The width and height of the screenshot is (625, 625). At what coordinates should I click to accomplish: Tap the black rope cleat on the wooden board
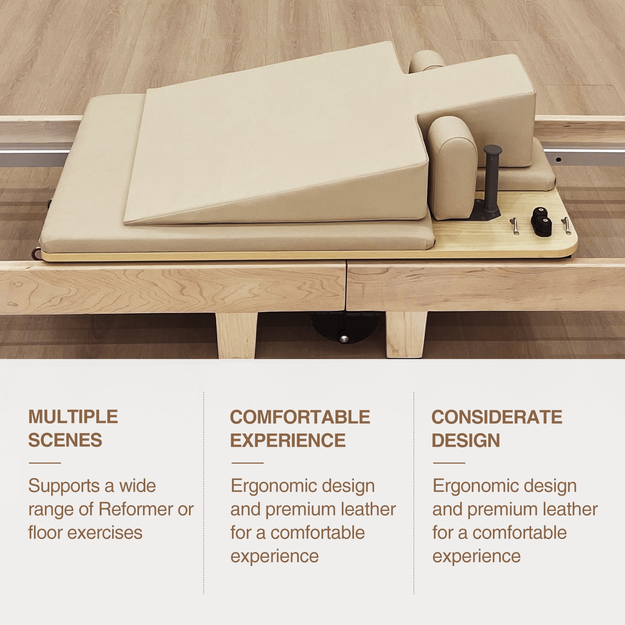click(541, 221)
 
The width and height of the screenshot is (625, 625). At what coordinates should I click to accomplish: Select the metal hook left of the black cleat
click(515, 226)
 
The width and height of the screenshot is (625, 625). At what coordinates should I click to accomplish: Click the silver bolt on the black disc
click(344, 338)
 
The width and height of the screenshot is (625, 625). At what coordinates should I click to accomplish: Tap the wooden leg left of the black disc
click(236, 335)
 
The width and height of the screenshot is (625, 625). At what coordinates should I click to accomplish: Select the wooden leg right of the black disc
click(406, 335)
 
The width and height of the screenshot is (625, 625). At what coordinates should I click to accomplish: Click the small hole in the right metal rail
click(559, 159)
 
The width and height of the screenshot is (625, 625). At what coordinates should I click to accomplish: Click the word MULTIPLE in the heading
click(73, 417)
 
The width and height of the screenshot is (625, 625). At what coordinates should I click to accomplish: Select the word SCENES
click(65, 440)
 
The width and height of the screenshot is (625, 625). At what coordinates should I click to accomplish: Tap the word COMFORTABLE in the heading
click(300, 417)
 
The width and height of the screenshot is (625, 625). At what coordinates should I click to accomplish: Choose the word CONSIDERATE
click(497, 417)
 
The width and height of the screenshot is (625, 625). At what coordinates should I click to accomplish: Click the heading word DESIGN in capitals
click(466, 440)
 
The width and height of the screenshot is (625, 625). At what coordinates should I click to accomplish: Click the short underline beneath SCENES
click(45, 463)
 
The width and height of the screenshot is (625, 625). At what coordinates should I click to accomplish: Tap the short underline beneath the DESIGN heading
click(449, 463)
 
